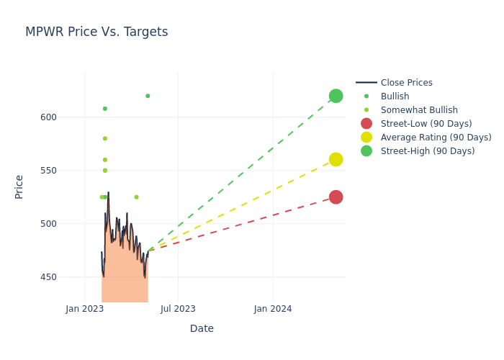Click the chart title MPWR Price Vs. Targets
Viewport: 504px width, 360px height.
pos(96,32)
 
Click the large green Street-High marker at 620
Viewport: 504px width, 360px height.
pos(336,96)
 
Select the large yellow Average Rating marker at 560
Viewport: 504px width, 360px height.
pos(336,159)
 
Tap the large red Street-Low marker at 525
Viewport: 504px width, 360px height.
pos(336,197)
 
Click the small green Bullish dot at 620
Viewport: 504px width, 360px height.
pos(148,96)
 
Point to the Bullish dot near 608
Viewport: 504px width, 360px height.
pos(105,109)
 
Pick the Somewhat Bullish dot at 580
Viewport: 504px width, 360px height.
pos(105,138)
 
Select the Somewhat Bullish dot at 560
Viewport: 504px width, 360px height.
pos(105,160)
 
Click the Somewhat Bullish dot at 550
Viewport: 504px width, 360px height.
pos(105,171)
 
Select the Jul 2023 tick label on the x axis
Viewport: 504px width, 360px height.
pos(178,309)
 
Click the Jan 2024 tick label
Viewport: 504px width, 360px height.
pos(273,309)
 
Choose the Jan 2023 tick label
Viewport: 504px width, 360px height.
pos(85,309)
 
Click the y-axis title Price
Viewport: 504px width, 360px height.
pos(19,186)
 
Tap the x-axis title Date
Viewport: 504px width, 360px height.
pos(202,328)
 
